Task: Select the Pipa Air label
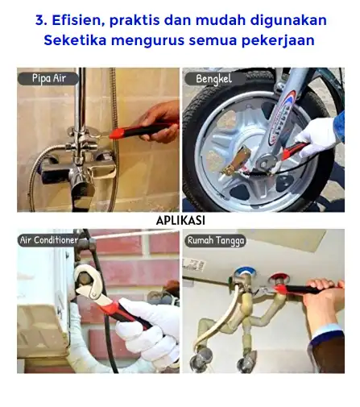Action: [x=48, y=78]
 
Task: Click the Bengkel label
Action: [x=213, y=79]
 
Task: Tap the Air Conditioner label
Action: [x=48, y=240]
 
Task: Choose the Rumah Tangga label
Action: [x=216, y=240]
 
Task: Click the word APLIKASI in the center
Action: [x=180, y=221]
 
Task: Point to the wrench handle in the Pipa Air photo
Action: [x=143, y=131]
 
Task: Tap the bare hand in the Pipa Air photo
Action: [x=159, y=122]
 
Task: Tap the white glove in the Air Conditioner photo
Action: [x=148, y=331]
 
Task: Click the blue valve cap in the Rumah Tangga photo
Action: [x=245, y=272]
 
